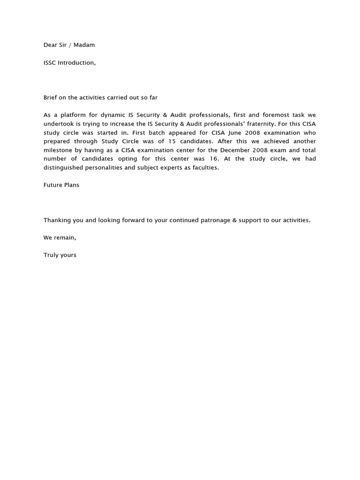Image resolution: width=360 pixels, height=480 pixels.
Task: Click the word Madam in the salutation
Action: pos(84,45)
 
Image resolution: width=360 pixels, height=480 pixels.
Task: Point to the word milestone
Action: pos(59,150)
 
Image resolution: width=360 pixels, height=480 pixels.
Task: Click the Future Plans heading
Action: pos(61,185)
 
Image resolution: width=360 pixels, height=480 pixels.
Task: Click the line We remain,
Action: pos(60,238)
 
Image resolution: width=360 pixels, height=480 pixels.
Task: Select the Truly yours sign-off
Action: pos(60,255)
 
